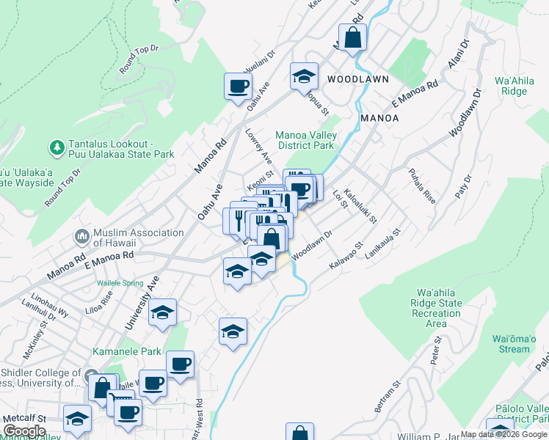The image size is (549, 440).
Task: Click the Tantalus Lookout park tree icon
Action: (57, 147)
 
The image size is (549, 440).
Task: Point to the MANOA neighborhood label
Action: (379, 117)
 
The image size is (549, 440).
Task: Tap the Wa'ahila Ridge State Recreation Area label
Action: (436, 308)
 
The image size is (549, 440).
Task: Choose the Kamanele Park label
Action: (126, 352)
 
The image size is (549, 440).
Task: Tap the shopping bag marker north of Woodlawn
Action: (353, 38)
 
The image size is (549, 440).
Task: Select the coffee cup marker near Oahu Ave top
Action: (239, 87)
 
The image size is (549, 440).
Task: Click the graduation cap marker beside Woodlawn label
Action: (304, 76)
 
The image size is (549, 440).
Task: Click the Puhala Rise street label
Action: (421, 186)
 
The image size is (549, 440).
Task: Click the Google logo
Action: (25, 432)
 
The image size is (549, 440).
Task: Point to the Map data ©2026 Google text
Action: (503, 434)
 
